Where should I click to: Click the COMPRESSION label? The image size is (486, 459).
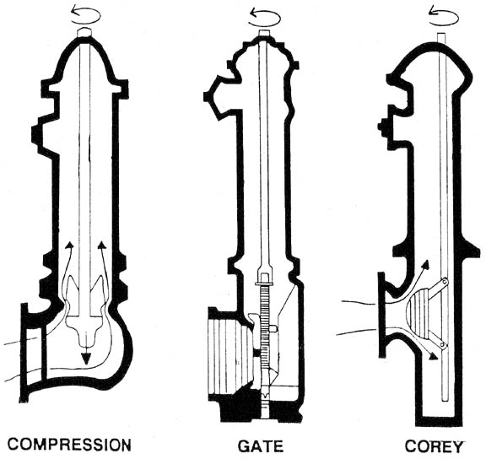[x=69, y=445]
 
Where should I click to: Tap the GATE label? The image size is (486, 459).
[x=261, y=446]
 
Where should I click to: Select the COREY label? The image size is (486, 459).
[x=434, y=446]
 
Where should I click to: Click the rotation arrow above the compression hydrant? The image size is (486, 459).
[x=85, y=16]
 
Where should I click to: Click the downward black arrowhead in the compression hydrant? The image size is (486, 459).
[x=86, y=359]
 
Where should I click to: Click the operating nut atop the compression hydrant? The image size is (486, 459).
[x=84, y=32]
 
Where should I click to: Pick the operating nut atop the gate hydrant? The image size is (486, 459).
[x=265, y=33]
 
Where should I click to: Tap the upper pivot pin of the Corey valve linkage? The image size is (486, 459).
[x=445, y=282]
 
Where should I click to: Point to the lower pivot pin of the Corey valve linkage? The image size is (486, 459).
[x=444, y=344]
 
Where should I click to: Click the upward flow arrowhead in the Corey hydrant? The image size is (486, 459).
[x=426, y=265]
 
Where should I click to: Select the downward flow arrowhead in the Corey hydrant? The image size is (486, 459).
[x=434, y=357]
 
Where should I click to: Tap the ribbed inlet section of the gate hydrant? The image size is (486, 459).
[x=230, y=356]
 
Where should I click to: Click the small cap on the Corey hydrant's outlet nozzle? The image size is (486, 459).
[x=381, y=126]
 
